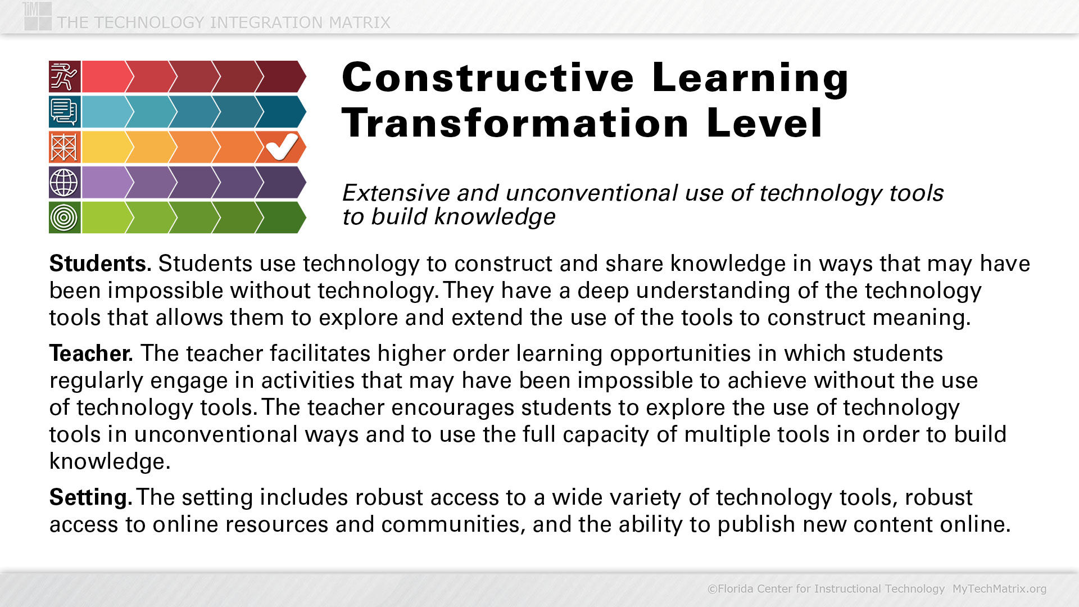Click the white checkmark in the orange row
282,147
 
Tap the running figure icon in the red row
65,76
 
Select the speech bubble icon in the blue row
65,111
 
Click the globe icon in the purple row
65,182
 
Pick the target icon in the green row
65,218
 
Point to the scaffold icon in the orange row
65,147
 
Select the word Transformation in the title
515,123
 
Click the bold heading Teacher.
91,354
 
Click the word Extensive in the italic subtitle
396,193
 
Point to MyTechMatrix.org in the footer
999,588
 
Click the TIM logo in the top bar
38,16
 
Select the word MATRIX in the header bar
360,22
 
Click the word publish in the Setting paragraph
756,524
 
